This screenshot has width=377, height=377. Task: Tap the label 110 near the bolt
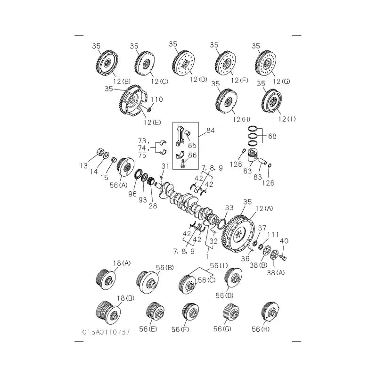157,99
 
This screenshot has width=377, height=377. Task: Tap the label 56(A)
119,185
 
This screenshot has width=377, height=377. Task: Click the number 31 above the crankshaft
165,166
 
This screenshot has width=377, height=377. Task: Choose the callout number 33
229,207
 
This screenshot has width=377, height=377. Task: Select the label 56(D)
225,295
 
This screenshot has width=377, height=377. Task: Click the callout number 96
132,193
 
